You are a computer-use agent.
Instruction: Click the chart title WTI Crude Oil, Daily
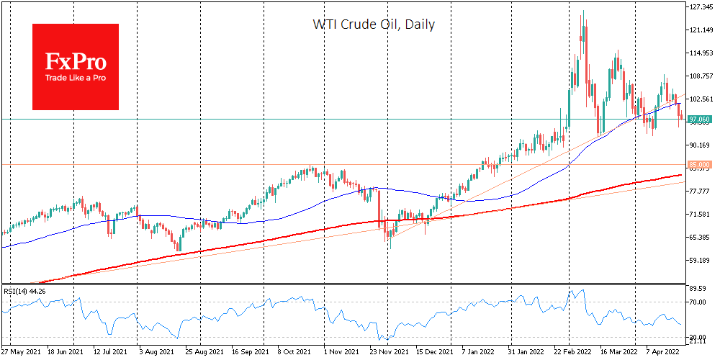[x=373, y=24]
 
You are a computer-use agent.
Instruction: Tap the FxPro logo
[x=76, y=67]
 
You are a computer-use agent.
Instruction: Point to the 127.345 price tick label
[x=700, y=7]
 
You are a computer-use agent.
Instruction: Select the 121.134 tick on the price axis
[x=700, y=30]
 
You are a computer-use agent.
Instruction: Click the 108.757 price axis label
[x=700, y=76]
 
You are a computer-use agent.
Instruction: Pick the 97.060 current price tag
[x=700, y=119]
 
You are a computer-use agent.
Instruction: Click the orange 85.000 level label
[x=700, y=164]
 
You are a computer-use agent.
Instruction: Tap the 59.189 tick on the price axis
[x=700, y=261]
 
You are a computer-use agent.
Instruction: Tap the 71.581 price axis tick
[x=700, y=215]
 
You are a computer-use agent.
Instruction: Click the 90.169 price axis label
[x=700, y=145]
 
